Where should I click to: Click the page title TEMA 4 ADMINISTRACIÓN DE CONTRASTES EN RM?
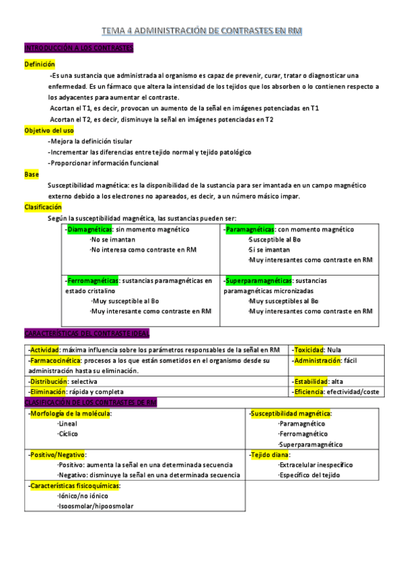click(x=201, y=31)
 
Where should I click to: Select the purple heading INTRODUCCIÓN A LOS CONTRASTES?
click(x=79, y=48)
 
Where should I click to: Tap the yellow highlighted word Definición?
click(x=40, y=63)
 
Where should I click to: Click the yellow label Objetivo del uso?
click(x=49, y=130)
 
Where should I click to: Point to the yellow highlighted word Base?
click(x=32, y=173)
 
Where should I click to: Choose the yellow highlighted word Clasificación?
click(x=43, y=207)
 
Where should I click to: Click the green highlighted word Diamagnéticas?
click(x=90, y=229)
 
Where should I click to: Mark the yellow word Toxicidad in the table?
click(x=308, y=350)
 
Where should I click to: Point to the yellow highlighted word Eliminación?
click(x=48, y=391)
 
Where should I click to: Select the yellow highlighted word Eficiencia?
click(x=309, y=391)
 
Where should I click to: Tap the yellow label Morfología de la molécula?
click(x=71, y=413)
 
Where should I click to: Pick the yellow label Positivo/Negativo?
click(x=58, y=454)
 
